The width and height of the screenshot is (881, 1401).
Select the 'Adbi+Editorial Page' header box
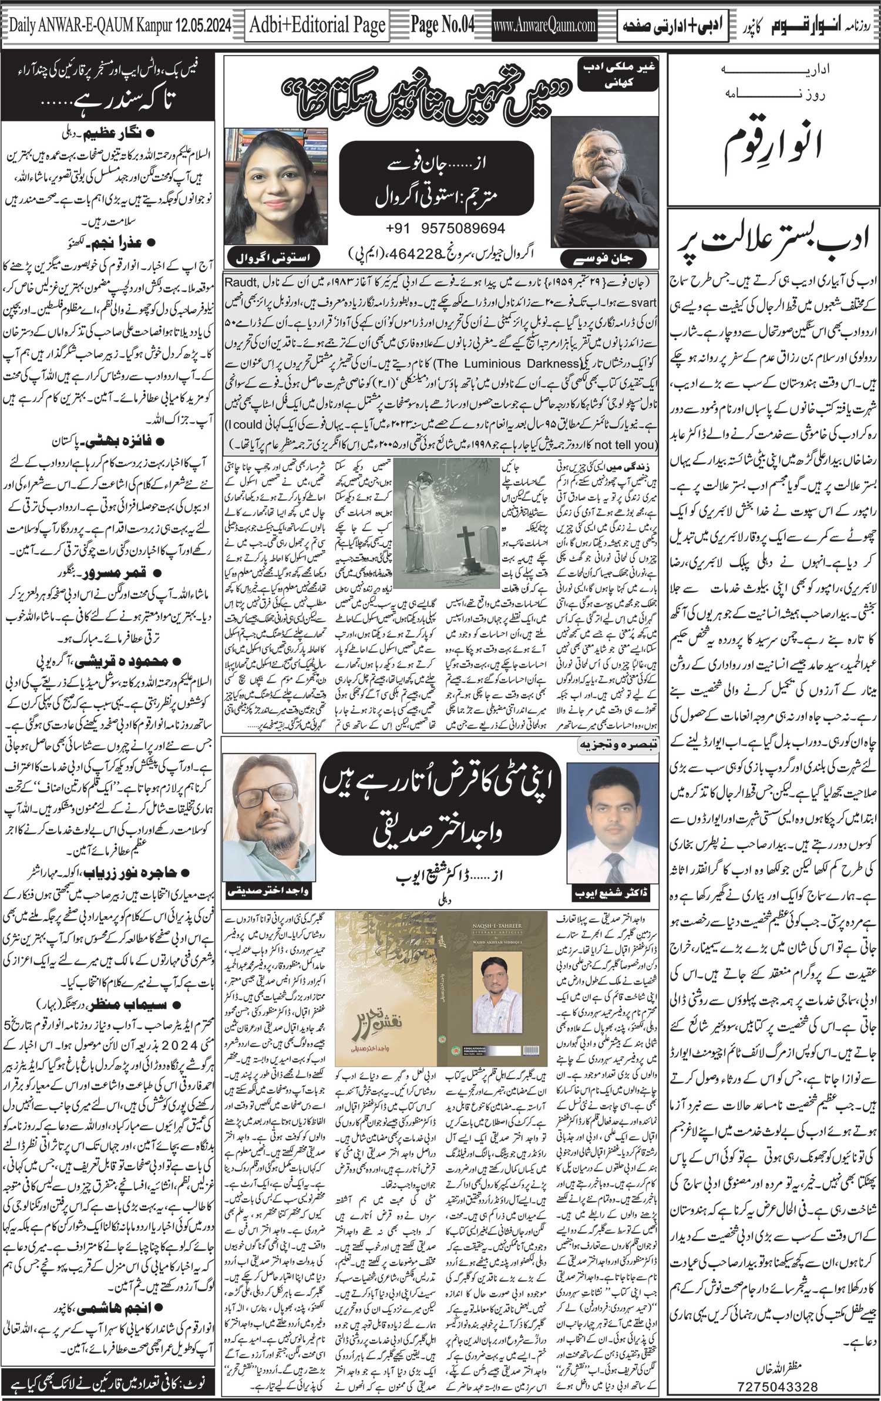pyautogui.click(x=317, y=25)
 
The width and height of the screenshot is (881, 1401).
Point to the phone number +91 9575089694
pyautogui.click(x=446, y=228)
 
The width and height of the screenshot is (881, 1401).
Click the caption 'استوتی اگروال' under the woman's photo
pyautogui.click(x=273, y=257)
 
